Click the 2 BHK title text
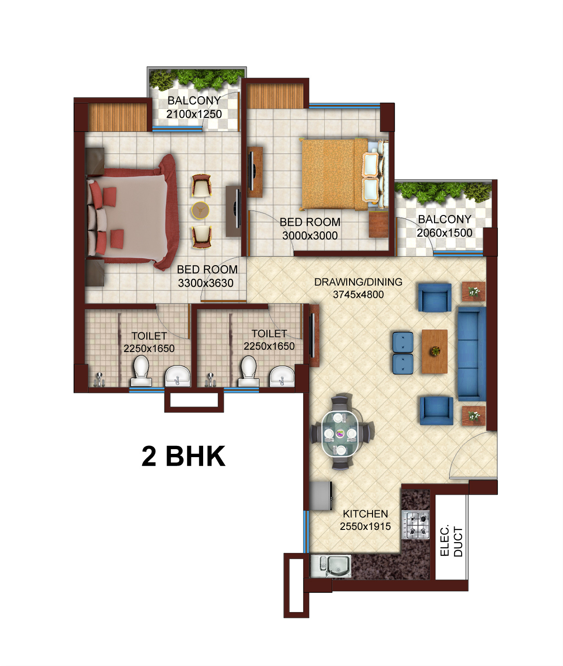point(183,456)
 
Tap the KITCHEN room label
point(365,514)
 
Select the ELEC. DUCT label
point(451,541)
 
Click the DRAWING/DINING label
point(358,282)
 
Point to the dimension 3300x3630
point(205,283)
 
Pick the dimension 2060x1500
point(444,233)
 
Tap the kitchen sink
point(331,565)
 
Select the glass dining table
point(341,432)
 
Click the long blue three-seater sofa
point(471,353)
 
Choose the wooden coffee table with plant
point(434,351)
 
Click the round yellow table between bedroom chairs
point(200,210)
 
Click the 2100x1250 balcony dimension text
point(194,114)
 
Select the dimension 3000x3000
point(310,236)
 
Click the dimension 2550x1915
point(365,527)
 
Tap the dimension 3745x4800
point(358,295)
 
